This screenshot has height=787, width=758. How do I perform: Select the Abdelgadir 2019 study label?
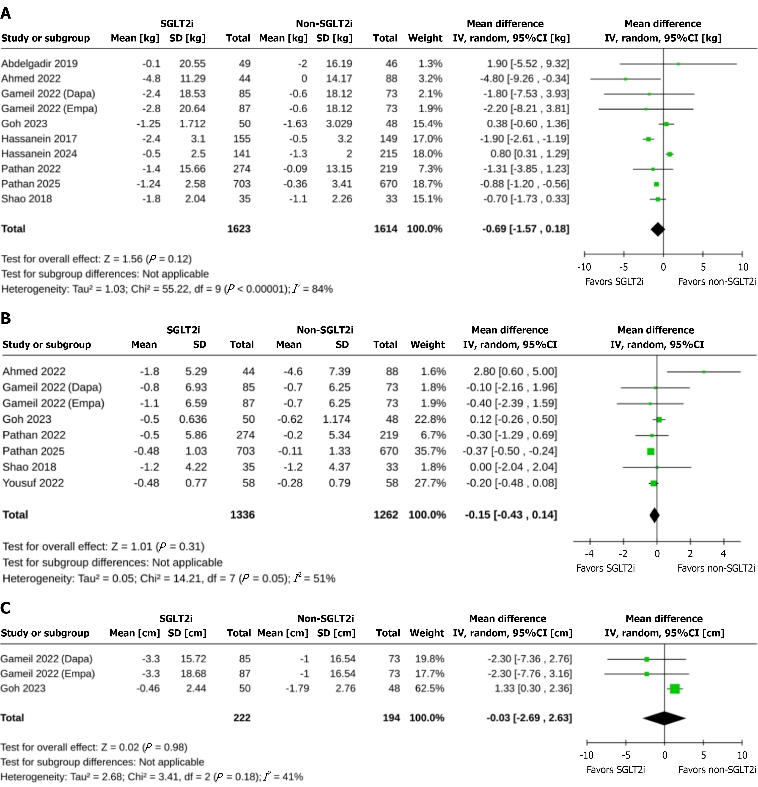39,63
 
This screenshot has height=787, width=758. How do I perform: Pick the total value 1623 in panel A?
239,229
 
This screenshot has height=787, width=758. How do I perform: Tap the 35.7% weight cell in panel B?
430,451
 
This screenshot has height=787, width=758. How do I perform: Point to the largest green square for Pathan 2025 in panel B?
651,451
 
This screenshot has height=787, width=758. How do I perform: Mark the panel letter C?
6,608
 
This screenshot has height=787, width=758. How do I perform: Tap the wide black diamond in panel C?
665,718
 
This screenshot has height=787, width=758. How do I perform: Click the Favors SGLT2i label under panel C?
615,770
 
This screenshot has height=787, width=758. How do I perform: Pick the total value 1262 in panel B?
386,515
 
